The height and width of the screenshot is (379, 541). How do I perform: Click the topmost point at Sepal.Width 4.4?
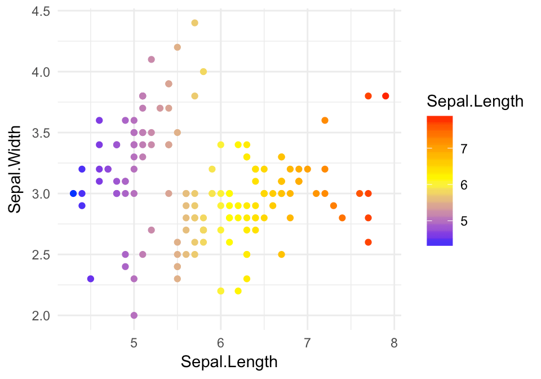click(194, 23)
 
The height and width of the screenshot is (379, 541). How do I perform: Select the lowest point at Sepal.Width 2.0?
click(134, 315)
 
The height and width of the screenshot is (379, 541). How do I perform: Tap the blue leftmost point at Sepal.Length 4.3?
click(73, 193)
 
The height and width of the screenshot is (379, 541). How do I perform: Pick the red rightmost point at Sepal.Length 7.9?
click(385, 96)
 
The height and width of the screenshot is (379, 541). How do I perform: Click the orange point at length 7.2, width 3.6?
click(325, 120)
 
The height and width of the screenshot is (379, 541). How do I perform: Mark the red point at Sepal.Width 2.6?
click(368, 242)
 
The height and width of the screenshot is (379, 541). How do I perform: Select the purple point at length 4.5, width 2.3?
click(91, 279)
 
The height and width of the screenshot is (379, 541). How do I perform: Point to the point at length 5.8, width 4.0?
click(203, 72)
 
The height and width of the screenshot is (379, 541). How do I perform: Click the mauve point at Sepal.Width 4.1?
click(151, 59)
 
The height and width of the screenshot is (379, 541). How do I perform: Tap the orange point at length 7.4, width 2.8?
click(342, 218)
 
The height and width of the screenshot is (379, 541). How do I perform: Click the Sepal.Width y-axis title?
click(16, 169)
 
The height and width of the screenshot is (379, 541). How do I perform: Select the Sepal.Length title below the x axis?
click(229, 362)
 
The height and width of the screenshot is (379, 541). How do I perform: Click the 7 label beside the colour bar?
click(464, 148)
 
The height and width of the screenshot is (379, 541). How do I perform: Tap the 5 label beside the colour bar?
click(464, 221)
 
